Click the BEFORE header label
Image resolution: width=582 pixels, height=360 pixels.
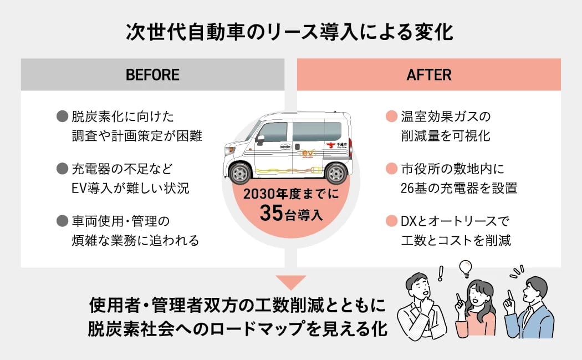[152, 75]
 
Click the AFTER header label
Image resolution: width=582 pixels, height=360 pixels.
[428, 75]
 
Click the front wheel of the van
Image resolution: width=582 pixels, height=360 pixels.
[240, 172]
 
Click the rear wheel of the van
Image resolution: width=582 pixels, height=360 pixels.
[336, 173]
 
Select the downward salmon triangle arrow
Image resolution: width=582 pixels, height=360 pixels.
[291, 282]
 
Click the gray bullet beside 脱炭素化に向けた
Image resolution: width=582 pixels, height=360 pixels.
[62, 117]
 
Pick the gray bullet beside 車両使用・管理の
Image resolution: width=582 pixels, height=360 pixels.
[62, 221]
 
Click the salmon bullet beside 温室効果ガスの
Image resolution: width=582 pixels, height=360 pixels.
[391, 117]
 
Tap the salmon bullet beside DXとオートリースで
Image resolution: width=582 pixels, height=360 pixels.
[391, 221]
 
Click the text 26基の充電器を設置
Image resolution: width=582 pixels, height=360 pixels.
[458, 188]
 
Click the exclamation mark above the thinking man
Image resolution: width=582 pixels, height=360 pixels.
[441, 272]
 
